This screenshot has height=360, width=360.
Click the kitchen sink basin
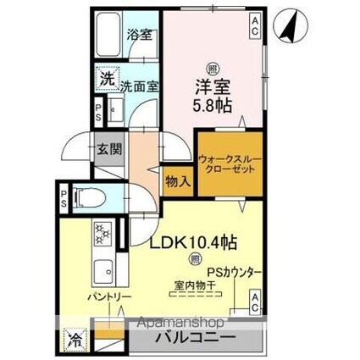point(105,271)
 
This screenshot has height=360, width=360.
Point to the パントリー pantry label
point(108,299)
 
